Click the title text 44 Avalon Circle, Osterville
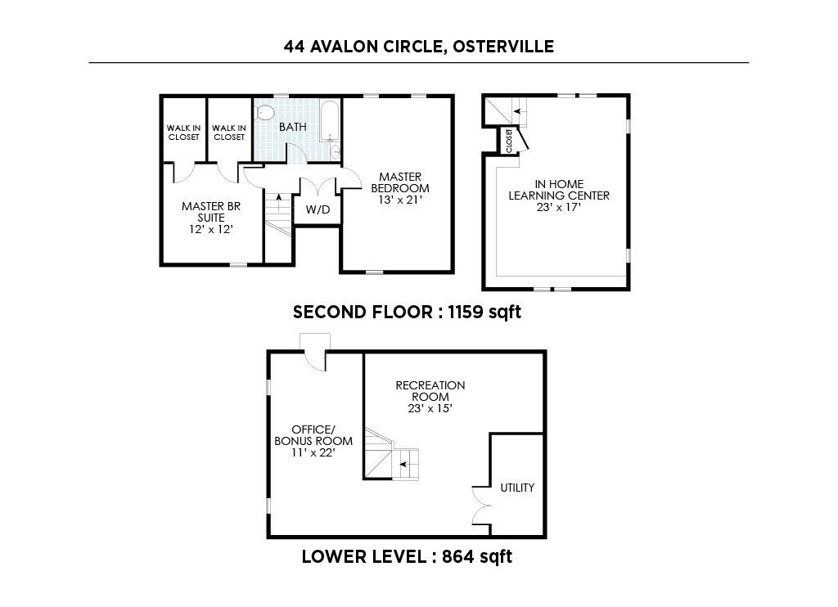click(418, 47)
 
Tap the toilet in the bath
click(264, 113)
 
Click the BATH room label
click(292, 128)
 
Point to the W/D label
click(318, 210)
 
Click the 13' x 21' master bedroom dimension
click(397, 199)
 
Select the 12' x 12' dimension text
click(211, 230)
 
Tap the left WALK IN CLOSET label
click(183, 133)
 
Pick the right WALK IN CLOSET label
click(228, 133)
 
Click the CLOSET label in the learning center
click(509, 141)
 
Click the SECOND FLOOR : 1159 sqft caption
click(407, 312)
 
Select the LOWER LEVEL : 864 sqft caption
click(407, 557)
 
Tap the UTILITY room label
click(517, 488)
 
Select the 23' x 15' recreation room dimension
click(430, 408)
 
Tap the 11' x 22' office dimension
click(313, 452)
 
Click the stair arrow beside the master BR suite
click(278, 199)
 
